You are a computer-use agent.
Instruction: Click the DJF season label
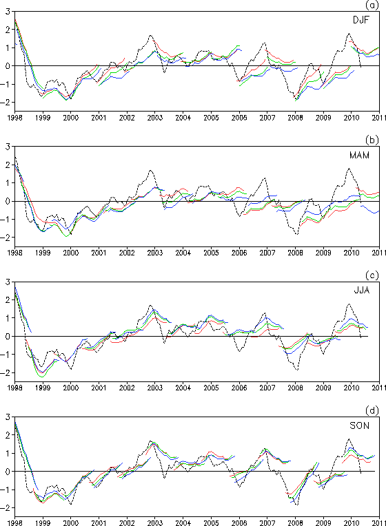coord(360,20)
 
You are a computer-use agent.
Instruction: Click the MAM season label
coord(359,156)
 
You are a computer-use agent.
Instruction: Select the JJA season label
coord(362,290)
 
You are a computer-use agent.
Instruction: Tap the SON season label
coord(359,425)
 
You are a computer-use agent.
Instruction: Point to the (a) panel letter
coord(372,5)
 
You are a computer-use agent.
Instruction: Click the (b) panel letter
coord(372,140)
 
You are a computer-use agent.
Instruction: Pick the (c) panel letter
coord(372,275)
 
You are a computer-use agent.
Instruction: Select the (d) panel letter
coord(372,410)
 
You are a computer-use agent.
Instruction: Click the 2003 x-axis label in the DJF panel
coord(155,118)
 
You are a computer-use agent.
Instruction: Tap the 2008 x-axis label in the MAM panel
coord(295,253)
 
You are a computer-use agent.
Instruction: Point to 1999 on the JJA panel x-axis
coord(43,388)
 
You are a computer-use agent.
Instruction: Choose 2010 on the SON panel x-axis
coord(352,523)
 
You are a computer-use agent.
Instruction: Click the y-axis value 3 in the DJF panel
coord(8,12)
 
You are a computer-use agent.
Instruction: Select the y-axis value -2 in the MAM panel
coord(6,238)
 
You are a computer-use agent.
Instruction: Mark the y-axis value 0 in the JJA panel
coord(8,336)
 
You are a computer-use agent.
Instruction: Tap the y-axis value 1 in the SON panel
coord(8,453)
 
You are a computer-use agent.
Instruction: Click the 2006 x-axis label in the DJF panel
coord(239,118)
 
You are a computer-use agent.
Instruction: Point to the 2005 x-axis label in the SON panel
coord(212,523)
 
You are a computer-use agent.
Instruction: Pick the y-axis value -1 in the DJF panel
coord(6,84)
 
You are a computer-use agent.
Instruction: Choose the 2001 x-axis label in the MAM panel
coord(99,253)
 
